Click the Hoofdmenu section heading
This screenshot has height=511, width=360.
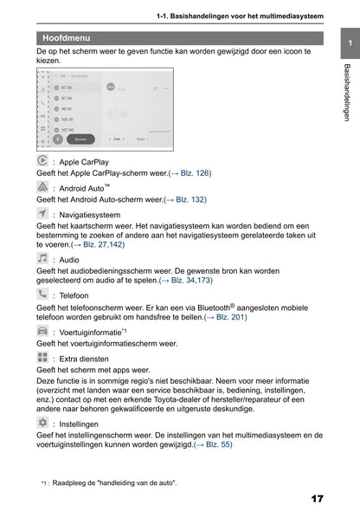(67, 39)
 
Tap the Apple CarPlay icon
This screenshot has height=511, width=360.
(44, 161)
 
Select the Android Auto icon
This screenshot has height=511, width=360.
(44, 187)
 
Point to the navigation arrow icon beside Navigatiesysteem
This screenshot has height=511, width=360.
(43, 212)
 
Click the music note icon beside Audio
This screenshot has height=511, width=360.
(43, 258)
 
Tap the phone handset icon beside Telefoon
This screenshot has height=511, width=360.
(43, 294)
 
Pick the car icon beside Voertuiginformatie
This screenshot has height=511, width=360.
(43, 331)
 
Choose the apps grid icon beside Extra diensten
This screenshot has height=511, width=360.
(43, 357)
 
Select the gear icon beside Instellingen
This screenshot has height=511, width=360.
(43, 424)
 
